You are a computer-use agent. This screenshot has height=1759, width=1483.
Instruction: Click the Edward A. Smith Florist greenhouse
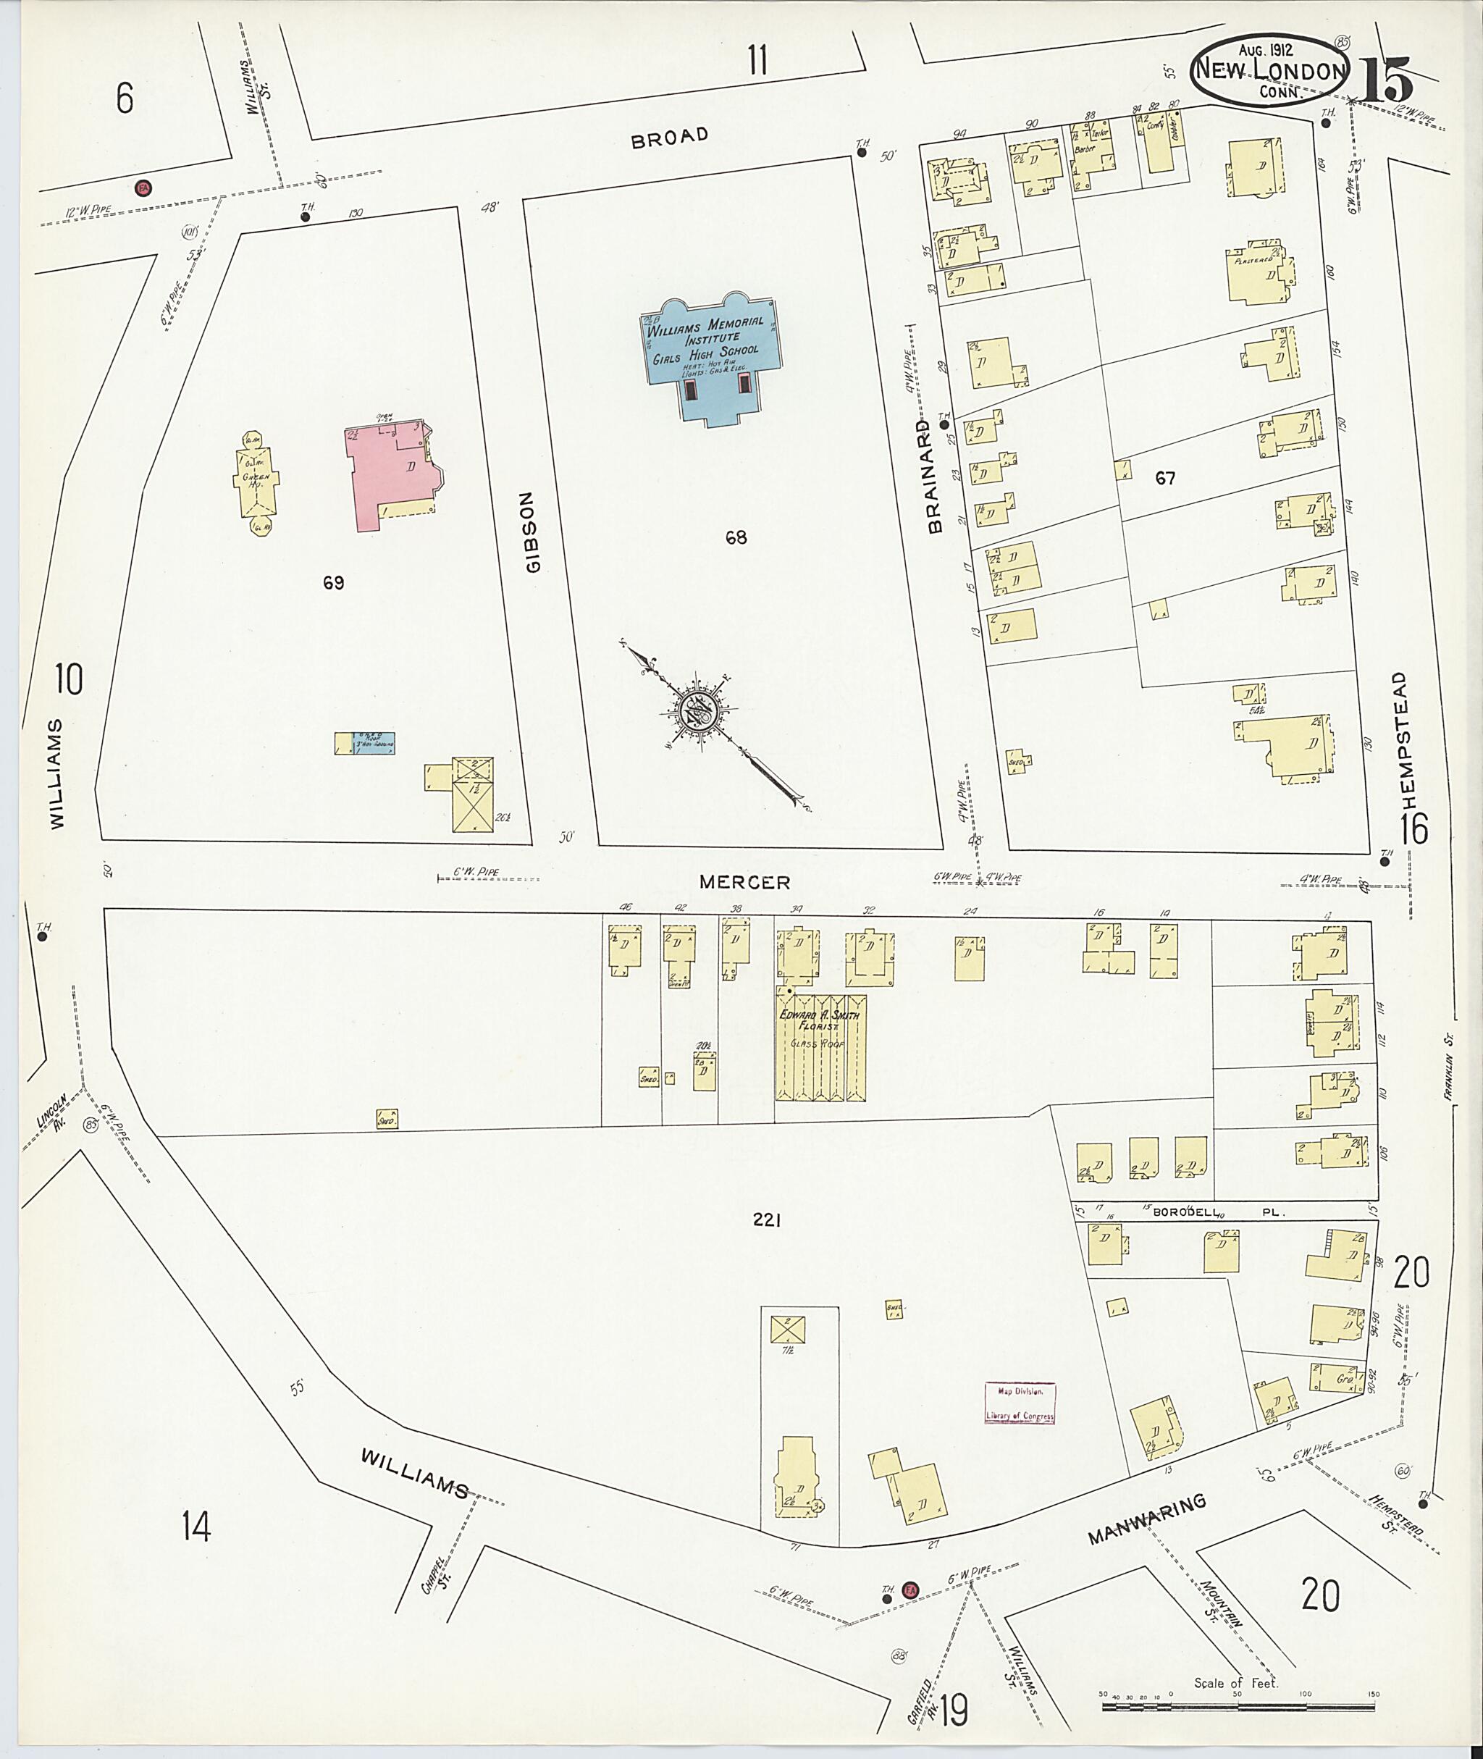(820, 1047)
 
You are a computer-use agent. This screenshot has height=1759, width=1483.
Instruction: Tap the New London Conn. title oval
(1268, 71)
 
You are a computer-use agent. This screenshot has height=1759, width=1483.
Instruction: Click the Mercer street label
(745, 882)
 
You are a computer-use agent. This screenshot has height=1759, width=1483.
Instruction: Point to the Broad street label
(670, 137)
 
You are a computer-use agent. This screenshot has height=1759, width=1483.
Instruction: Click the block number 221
(767, 1220)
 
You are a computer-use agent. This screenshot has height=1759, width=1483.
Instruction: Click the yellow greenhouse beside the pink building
(257, 482)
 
